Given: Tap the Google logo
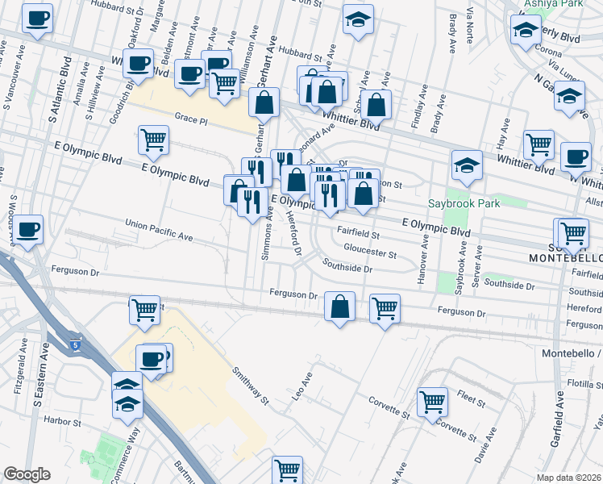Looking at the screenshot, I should [27, 474].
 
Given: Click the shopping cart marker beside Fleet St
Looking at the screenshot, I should [433, 400].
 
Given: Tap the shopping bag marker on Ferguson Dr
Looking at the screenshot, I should [340, 305].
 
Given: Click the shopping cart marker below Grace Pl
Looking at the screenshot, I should [153, 140].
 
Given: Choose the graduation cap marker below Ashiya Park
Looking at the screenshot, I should [526, 31].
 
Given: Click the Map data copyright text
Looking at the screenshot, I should [569, 477].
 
